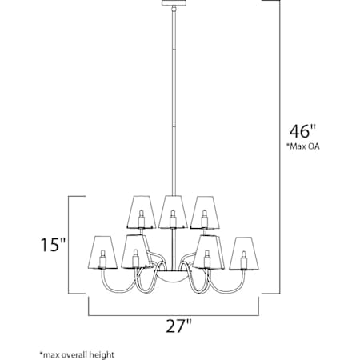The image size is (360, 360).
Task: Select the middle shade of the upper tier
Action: click(172, 210)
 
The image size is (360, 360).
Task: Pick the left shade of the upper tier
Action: click(141, 210)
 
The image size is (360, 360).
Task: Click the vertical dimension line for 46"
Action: click(278, 200)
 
